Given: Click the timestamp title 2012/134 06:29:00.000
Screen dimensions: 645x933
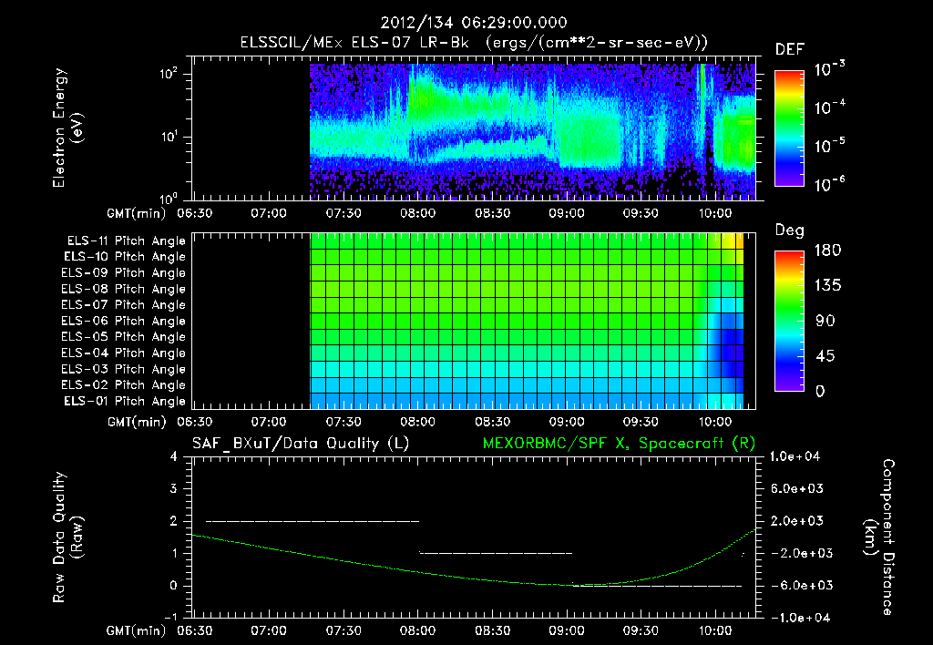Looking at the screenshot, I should pyautogui.click(x=466, y=22).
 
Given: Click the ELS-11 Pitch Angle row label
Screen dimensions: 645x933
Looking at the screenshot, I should pyautogui.click(x=126, y=241).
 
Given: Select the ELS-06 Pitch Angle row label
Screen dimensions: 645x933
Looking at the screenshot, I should pyautogui.click(x=126, y=321).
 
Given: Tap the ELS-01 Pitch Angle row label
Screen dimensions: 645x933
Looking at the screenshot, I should pyautogui.click(x=126, y=401).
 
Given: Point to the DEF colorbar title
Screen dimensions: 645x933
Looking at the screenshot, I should pyautogui.click(x=788, y=49).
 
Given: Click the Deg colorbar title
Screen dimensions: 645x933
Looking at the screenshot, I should pyautogui.click(x=789, y=230).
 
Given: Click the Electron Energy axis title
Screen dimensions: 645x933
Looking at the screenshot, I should pyautogui.click(x=68, y=129).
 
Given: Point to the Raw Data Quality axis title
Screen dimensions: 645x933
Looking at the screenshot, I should pyautogui.click(x=68, y=537).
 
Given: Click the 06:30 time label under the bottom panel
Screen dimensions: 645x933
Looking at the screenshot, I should pyautogui.click(x=193, y=630).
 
